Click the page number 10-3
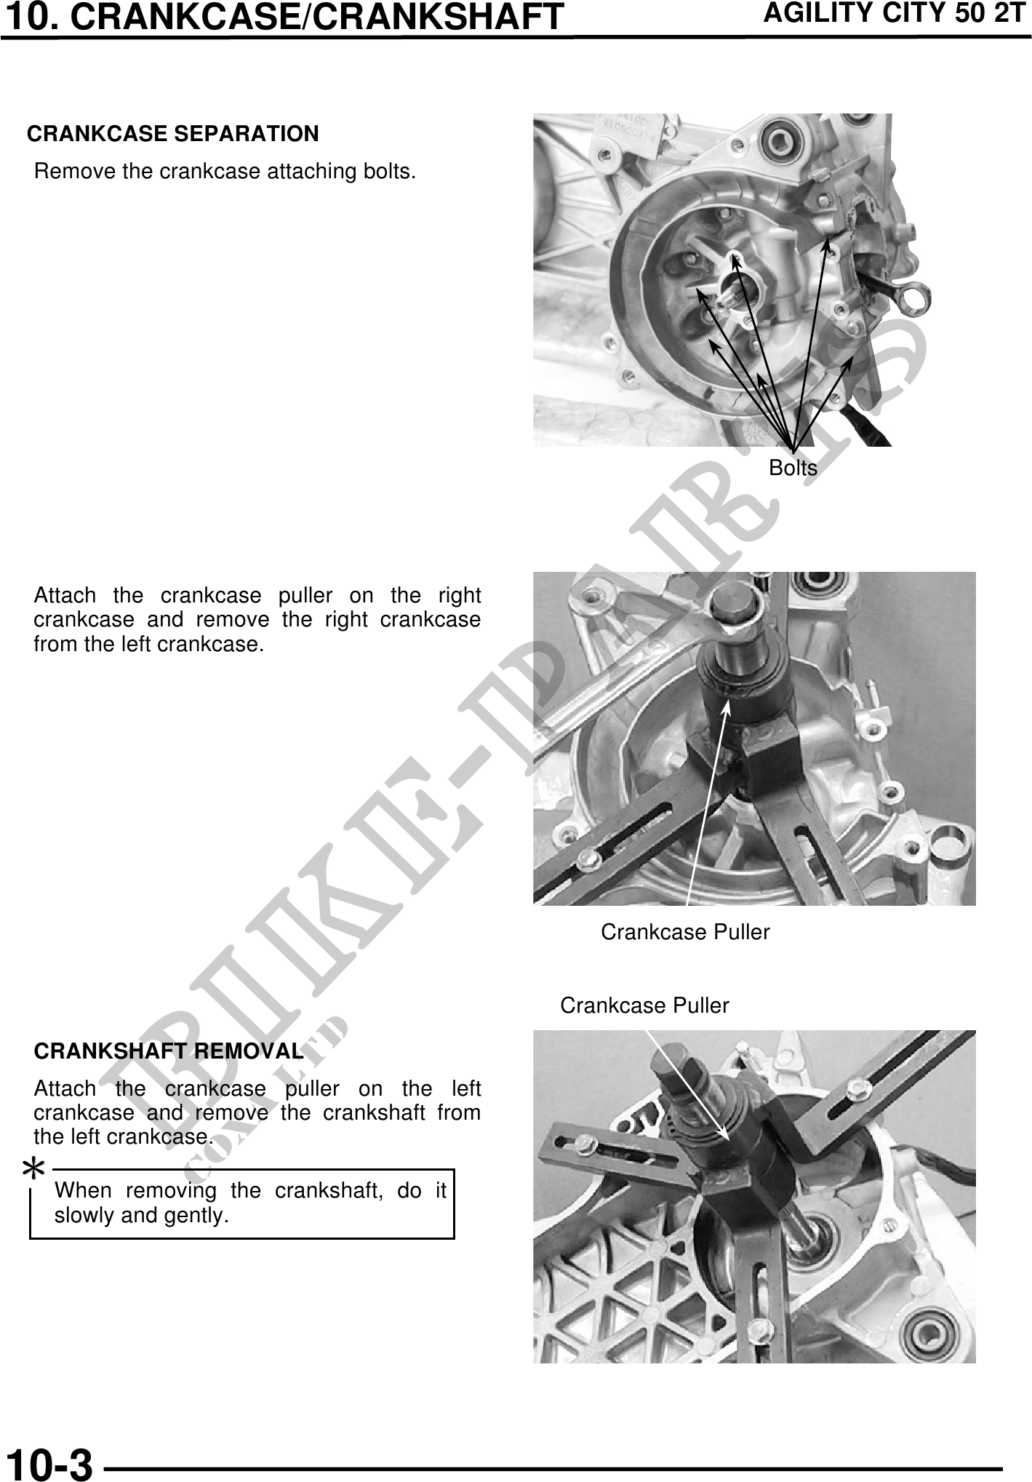(x=49, y=1464)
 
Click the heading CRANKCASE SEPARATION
(x=172, y=134)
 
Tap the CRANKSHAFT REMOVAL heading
(x=169, y=1051)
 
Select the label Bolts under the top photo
(x=793, y=468)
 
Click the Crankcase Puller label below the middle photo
(x=685, y=932)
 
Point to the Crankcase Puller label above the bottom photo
(x=644, y=1005)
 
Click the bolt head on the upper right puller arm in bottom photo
(x=860, y=1088)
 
